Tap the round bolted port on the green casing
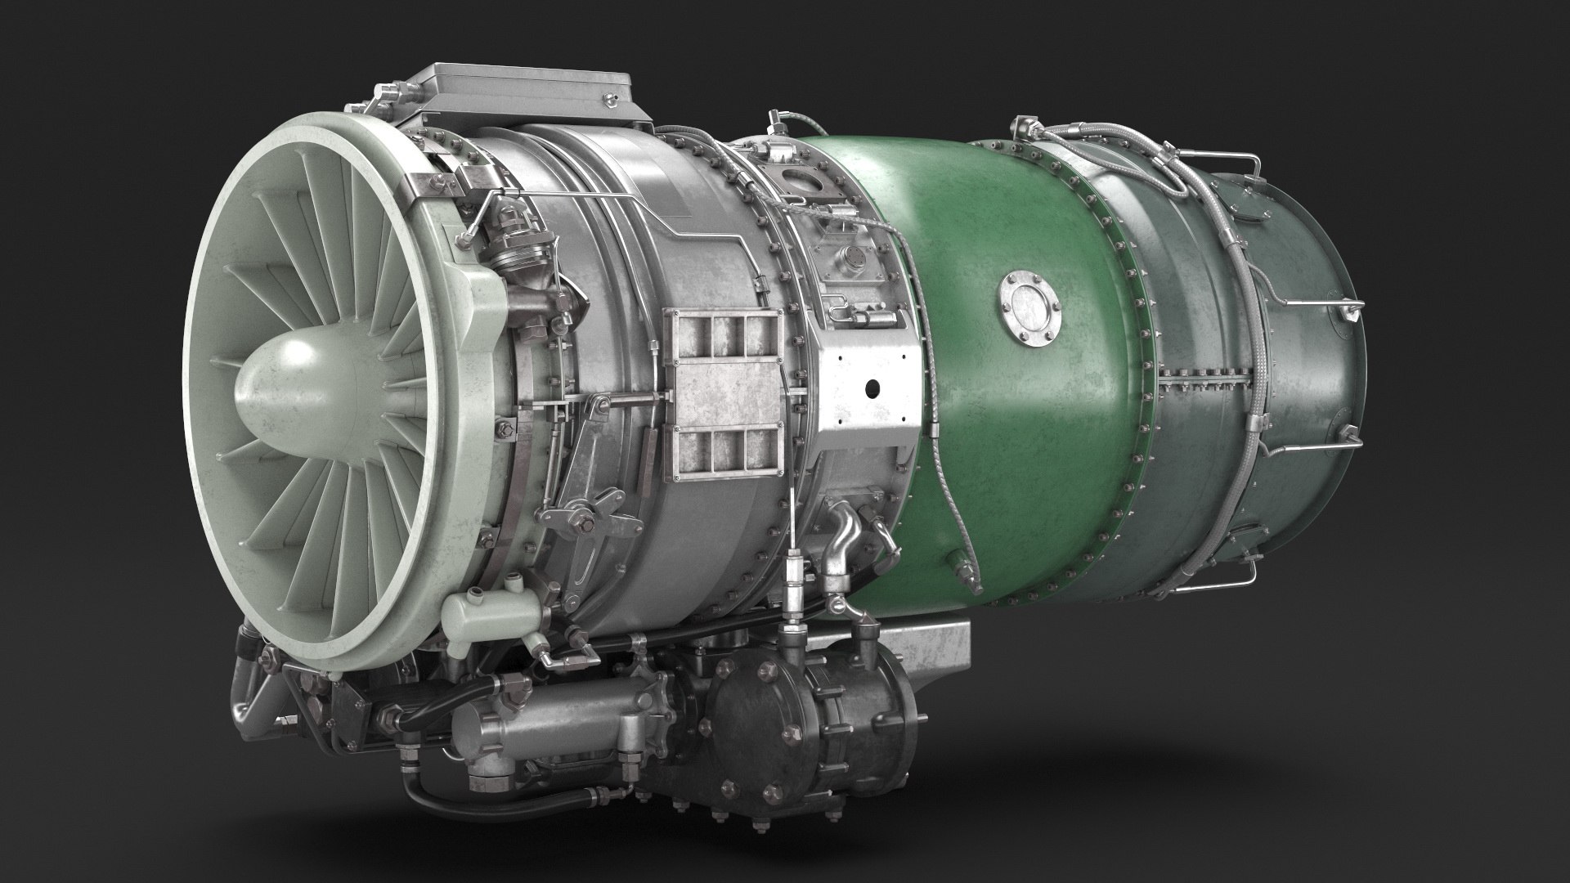[1029, 307]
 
